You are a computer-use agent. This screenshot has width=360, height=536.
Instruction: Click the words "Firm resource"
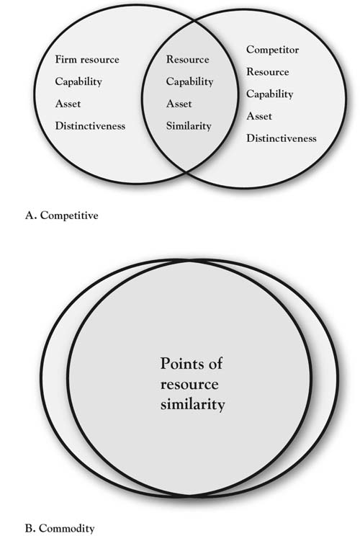[87, 60]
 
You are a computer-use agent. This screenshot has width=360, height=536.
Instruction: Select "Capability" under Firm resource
[78, 81]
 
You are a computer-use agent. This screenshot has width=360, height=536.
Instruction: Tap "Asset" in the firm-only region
[68, 104]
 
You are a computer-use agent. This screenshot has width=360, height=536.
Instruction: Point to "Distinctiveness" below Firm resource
[90, 126]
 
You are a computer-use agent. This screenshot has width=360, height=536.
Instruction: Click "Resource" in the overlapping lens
[187, 60]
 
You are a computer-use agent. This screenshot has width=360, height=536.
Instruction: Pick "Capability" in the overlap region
[189, 81]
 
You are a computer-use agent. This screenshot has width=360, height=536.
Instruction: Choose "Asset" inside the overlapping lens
[179, 104]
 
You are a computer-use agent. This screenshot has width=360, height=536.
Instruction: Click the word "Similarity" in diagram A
[189, 126]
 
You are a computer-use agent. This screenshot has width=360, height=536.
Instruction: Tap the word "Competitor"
[273, 50]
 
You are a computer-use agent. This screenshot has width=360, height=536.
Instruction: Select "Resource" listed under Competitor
[268, 72]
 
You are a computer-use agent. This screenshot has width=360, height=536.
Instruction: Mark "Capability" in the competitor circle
[270, 94]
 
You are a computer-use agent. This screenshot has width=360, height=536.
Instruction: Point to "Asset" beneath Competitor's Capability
[259, 116]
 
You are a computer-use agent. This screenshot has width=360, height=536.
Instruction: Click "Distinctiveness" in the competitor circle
[282, 138]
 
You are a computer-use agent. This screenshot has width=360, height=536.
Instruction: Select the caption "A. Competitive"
[61, 215]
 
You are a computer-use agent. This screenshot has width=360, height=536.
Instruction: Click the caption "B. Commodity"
[60, 528]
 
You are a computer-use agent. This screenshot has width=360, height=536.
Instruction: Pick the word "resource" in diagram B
[189, 384]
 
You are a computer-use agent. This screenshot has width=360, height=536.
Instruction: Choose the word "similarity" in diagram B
[193, 404]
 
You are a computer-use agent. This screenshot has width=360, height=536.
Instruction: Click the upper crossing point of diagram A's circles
[194, 21]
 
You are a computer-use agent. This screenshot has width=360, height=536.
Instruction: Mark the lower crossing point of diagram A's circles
[186, 172]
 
